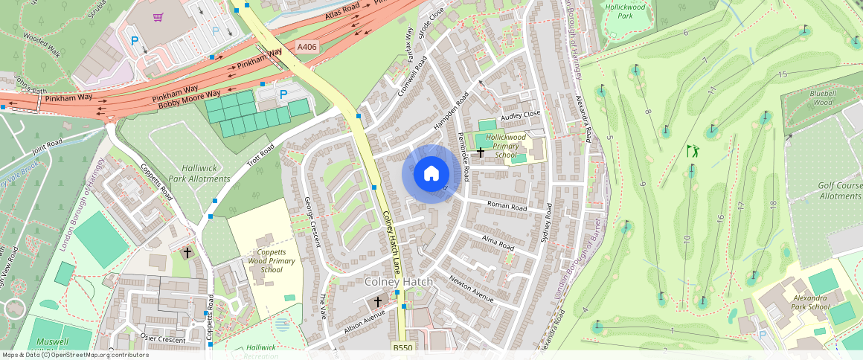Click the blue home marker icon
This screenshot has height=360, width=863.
(x=431, y=174)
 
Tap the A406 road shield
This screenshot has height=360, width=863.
(x=307, y=47)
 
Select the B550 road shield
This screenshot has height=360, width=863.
(x=402, y=347)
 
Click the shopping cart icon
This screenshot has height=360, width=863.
(x=158, y=16)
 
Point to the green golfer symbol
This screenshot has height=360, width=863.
(x=693, y=151)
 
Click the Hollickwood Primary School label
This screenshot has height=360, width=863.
(x=505, y=147)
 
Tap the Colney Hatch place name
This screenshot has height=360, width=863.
(x=397, y=282)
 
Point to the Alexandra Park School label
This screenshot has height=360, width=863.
(x=808, y=302)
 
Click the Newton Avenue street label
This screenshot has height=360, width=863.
(x=472, y=289)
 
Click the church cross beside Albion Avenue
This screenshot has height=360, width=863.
(x=378, y=301)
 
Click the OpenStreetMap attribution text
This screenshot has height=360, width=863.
(x=75, y=355)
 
